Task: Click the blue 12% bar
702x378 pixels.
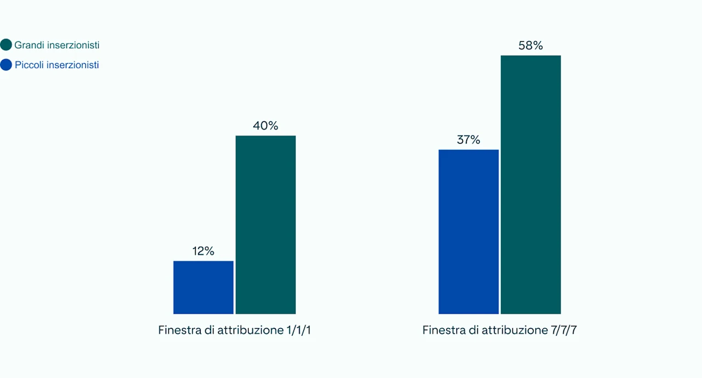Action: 203,287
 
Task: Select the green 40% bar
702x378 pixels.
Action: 265,225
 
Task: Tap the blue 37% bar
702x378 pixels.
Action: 468,232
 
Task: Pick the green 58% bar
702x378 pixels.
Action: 531,185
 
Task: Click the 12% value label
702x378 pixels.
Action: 203,251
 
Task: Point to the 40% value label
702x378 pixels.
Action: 265,126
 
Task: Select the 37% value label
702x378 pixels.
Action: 468,140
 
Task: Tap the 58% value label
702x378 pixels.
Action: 531,46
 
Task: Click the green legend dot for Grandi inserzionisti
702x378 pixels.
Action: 7,45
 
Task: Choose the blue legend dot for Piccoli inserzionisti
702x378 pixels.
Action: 7,65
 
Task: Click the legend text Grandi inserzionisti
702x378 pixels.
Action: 57,45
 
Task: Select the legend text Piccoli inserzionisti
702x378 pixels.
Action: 57,65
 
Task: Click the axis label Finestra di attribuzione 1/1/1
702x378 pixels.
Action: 238,330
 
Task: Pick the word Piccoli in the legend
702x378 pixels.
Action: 30,65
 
